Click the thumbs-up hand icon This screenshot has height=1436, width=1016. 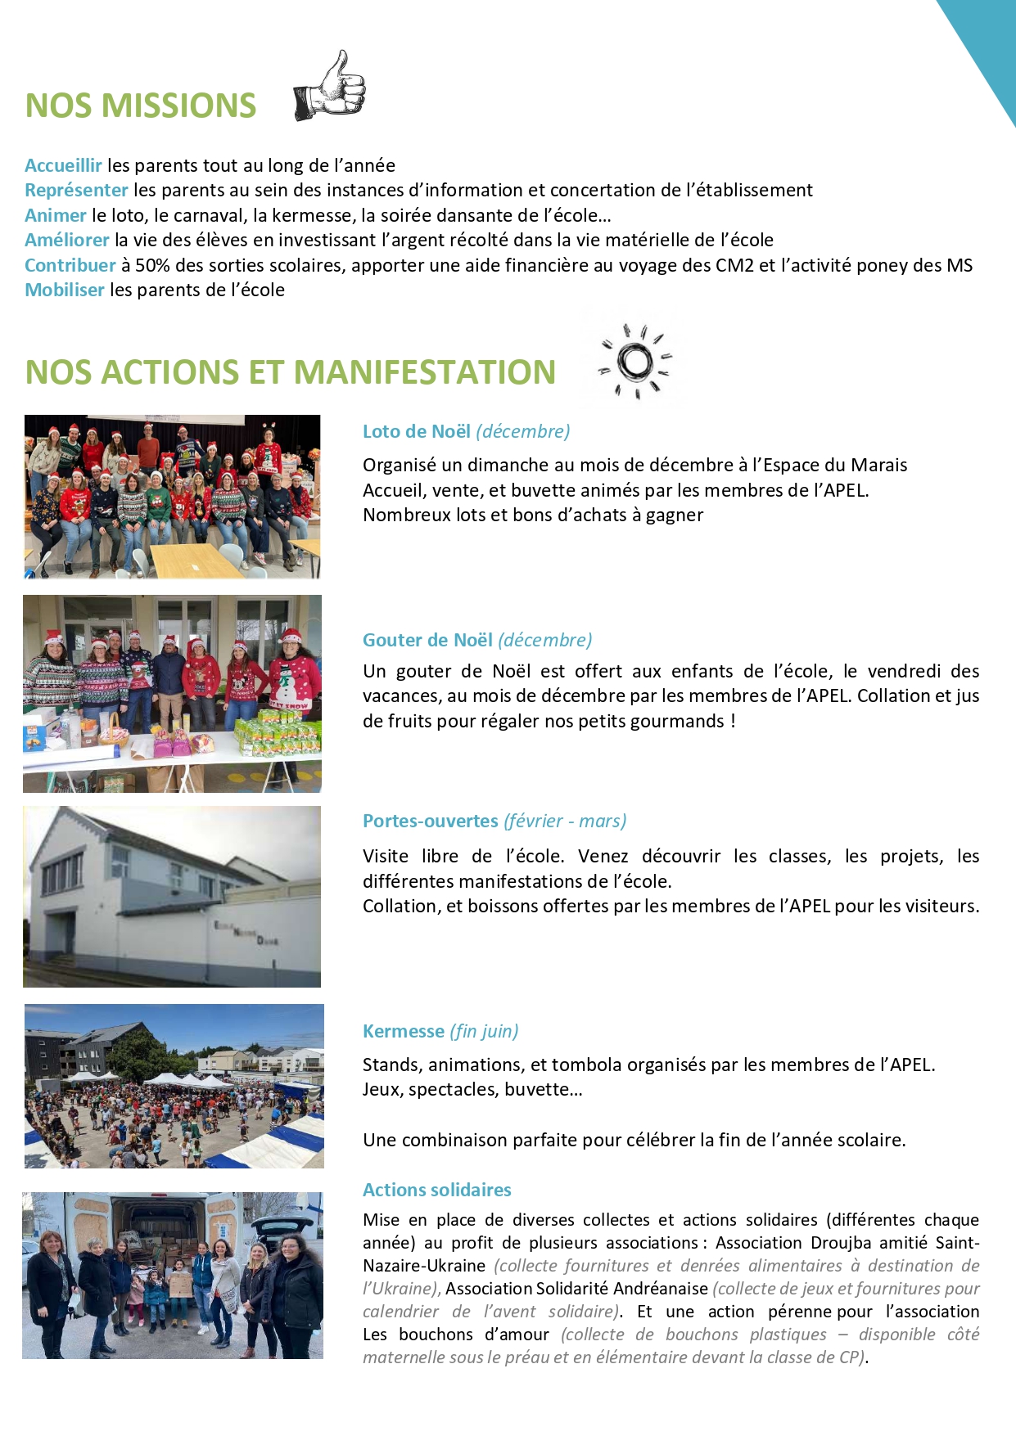click(330, 88)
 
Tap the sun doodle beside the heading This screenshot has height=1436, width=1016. click(635, 362)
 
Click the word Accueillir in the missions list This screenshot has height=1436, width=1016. click(63, 165)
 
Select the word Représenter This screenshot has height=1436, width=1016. click(76, 190)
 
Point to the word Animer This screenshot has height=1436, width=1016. click(55, 215)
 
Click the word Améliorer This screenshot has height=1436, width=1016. click(66, 240)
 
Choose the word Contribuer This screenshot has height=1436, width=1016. click(70, 265)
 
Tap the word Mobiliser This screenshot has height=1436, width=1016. click(64, 290)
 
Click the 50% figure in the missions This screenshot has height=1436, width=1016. click(152, 265)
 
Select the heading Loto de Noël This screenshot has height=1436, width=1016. click(417, 431)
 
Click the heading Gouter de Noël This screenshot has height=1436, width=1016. click(427, 640)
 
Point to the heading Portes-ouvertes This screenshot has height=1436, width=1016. click(430, 821)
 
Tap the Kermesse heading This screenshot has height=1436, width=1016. click(403, 1031)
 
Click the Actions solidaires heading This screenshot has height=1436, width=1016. click(436, 1190)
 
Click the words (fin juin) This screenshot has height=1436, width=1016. click(484, 1031)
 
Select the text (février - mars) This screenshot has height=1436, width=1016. click(565, 821)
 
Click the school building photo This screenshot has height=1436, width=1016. click(172, 897)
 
